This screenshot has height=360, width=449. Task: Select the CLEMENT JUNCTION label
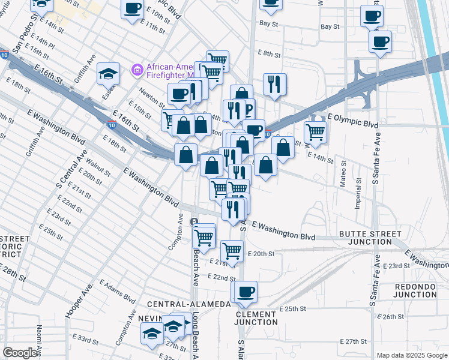pyautogui.click(x=256, y=318)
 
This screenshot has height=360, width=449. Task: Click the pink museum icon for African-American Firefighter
pyautogui.click(x=137, y=70)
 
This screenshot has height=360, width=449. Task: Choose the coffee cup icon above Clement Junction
pyautogui.click(x=244, y=292)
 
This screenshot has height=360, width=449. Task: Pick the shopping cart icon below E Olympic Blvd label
pyautogui.click(x=315, y=131)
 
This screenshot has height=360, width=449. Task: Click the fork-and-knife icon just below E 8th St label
pyautogui.click(x=274, y=83)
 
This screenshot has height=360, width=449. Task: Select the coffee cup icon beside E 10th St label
pyautogui.click(x=132, y=8)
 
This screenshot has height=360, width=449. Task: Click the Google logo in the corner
pyautogui.click(x=19, y=353)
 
